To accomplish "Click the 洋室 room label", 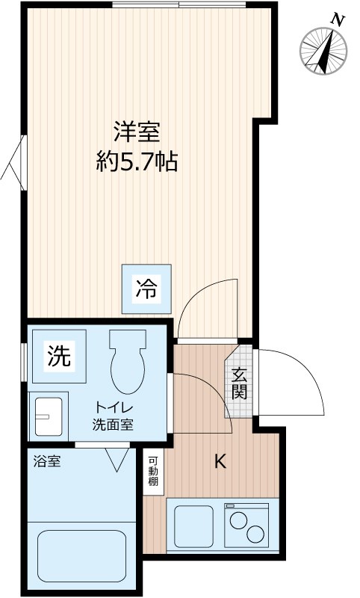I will (x=137, y=133).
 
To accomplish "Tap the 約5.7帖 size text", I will (x=137, y=161).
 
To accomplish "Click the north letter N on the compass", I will (x=338, y=20).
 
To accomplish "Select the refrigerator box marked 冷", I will (x=147, y=289).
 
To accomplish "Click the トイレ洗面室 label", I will (x=113, y=416).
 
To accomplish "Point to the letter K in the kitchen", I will (x=220, y=462).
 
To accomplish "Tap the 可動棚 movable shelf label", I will (x=152, y=472).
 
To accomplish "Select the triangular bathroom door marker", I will (x=117, y=457).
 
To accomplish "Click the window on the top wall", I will (x=179, y=5).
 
